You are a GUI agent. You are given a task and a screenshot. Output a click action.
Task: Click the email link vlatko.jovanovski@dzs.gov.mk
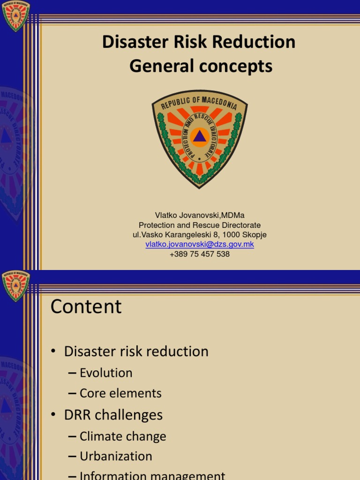[x=200, y=244]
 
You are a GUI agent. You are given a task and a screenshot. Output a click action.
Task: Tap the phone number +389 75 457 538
[x=200, y=254]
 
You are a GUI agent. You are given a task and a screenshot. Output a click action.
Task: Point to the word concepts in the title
[x=235, y=67]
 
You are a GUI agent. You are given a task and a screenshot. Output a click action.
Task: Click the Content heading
[x=86, y=307]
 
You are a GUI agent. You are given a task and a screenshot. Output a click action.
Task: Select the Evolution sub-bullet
[x=106, y=373]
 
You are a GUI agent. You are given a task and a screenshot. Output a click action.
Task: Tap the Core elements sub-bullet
[x=120, y=393]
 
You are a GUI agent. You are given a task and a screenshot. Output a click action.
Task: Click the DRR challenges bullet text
[x=113, y=415]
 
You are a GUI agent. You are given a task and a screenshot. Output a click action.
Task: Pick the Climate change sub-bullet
[x=123, y=436]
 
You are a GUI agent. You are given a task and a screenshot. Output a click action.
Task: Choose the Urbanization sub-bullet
[x=116, y=456]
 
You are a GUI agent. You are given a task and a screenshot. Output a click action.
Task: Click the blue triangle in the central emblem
[x=200, y=137]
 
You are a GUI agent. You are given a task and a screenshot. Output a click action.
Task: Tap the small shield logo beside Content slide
[x=15, y=286]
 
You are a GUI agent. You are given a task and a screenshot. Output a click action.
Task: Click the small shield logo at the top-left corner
[x=15, y=15]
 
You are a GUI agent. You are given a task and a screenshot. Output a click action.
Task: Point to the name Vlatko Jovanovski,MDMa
[x=200, y=216]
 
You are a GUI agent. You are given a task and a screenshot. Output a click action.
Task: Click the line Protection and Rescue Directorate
[x=200, y=225]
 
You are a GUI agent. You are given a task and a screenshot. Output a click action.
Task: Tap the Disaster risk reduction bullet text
[x=136, y=351]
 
